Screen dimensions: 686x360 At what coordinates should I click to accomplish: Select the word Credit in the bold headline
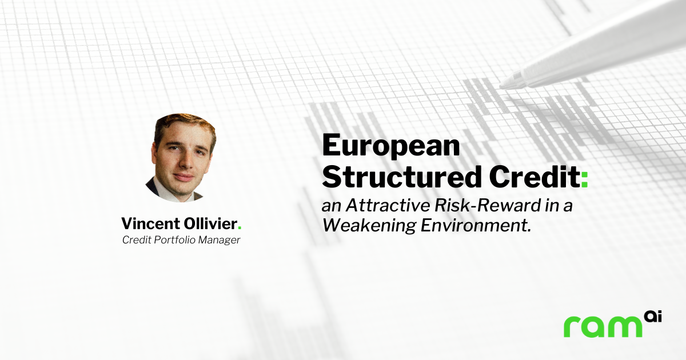(x=535, y=177)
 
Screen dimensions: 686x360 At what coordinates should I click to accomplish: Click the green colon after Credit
(x=584, y=179)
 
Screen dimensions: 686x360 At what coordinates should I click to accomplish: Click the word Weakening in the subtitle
(x=369, y=226)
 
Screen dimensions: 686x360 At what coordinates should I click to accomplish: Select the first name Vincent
(x=150, y=223)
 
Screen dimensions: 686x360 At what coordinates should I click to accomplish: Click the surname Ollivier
(x=210, y=223)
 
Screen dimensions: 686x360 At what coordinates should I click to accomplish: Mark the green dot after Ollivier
(x=240, y=228)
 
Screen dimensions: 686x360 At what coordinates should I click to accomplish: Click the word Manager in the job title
(x=219, y=240)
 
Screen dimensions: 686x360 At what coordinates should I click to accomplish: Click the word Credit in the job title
(x=137, y=239)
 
